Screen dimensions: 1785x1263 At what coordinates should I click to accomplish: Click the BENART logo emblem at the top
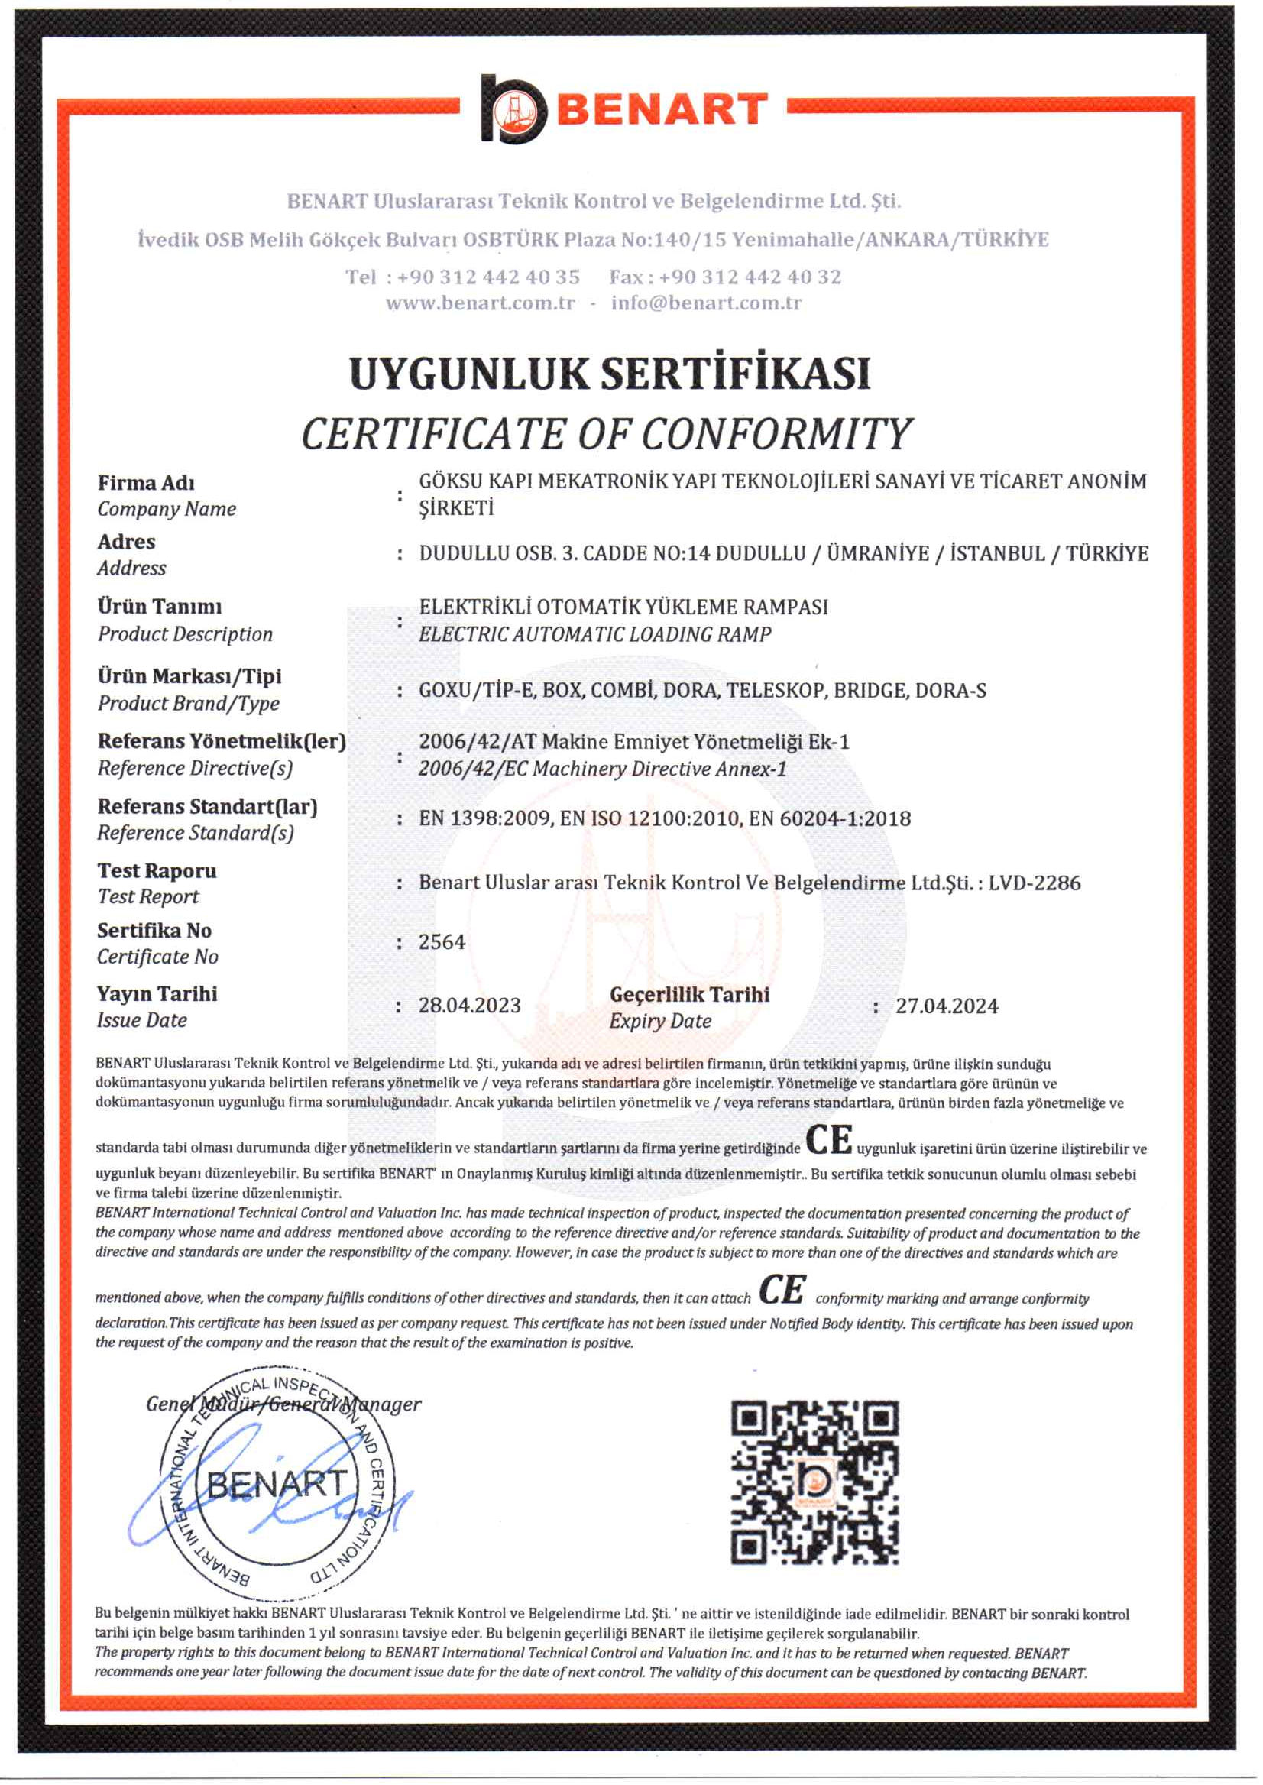click(513, 110)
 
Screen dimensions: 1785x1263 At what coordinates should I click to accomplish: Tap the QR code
click(814, 1482)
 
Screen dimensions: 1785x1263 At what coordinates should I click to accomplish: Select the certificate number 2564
click(442, 942)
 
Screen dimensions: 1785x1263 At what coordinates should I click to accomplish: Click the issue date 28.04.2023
click(470, 1006)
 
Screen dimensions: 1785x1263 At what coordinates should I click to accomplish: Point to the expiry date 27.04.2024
click(947, 1006)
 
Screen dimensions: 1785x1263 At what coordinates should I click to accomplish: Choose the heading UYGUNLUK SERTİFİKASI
click(610, 374)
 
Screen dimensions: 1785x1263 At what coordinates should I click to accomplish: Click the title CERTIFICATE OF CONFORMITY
click(607, 434)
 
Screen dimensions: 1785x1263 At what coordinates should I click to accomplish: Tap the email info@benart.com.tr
click(705, 303)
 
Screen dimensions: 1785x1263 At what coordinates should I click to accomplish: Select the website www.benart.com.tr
click(480, 303)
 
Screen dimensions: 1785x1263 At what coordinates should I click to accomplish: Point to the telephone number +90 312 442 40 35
click(488, 277)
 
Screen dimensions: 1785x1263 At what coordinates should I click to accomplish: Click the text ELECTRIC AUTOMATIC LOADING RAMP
click(595, 635)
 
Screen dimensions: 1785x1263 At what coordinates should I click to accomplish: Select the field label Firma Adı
click(146, 483)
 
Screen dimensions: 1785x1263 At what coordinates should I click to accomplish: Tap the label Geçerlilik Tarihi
click(690, 995)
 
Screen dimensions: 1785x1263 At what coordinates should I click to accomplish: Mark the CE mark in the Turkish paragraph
click(829, 1140)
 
